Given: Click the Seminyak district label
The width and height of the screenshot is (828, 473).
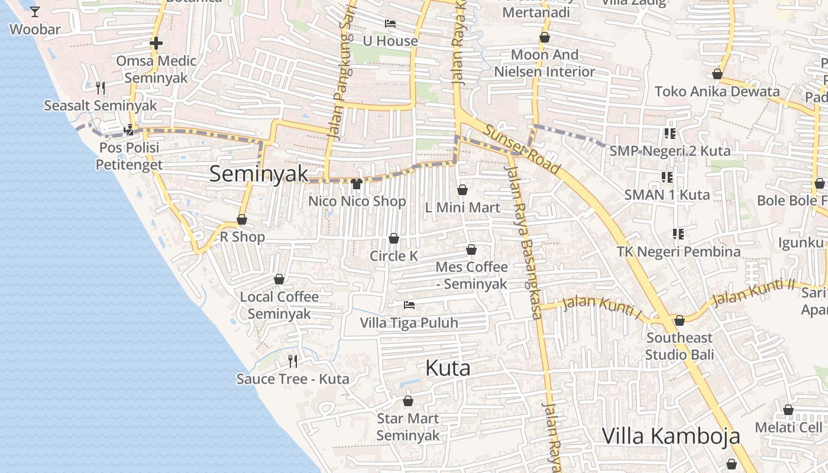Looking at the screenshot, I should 258,174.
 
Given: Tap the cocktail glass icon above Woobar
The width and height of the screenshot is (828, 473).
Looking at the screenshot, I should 35,11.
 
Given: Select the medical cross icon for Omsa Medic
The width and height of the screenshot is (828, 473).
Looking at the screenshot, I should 156,43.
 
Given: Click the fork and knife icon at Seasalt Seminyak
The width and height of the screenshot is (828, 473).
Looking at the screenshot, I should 101,88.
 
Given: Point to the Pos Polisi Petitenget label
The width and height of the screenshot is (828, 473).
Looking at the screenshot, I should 129,155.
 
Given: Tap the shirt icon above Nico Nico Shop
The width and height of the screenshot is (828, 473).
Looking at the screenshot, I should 356,184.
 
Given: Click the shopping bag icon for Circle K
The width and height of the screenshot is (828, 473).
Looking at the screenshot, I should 394,238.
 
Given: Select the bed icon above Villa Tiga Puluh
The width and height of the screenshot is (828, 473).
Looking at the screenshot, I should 409,305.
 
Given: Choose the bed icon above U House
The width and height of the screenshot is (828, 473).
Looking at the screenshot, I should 390,24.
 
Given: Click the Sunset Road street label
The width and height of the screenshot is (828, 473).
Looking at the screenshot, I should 521,150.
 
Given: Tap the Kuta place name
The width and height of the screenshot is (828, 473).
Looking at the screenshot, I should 448,368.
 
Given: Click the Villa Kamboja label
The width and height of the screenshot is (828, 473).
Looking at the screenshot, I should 671,436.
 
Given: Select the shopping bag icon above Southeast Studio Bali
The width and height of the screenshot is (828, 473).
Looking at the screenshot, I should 680,320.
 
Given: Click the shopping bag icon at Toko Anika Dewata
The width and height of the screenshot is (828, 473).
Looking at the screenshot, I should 717,74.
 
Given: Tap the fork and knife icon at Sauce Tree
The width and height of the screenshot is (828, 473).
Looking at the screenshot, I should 292,361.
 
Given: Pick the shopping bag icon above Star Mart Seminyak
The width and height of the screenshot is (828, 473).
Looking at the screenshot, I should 408,401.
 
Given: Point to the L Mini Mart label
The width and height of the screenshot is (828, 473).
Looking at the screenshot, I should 462,208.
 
